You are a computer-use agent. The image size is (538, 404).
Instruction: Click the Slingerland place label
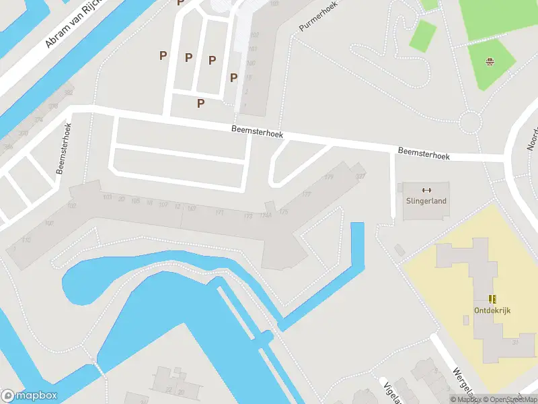426,201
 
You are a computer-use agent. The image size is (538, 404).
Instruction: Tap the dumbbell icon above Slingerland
426,190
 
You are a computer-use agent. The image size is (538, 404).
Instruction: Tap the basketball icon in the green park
491,63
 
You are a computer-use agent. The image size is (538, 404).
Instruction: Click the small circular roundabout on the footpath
471,122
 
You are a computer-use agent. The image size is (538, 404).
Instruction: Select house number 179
329,178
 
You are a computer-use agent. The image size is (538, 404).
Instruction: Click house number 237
360,176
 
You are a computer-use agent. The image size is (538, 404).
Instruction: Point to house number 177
307,195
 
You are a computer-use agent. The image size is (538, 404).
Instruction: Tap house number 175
284,212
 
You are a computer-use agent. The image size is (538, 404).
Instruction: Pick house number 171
219,213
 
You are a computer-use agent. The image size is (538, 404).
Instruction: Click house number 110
26,240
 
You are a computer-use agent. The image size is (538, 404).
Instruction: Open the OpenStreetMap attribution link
509,399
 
